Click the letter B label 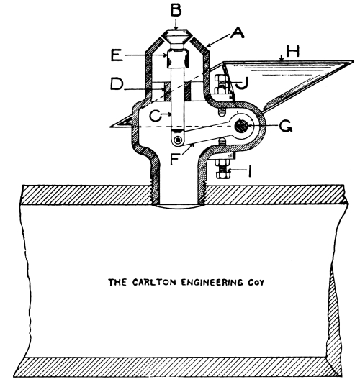point(176,11)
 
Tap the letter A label point(237,33)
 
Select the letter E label point(117,55)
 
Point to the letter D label point(117,85)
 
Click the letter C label point(156,116)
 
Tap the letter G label point(285,126)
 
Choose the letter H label point(292,51)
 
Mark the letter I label point(250,171)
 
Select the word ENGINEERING point(212,282)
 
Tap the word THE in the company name point(117,282)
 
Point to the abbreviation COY point(256,283)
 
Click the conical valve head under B point(176,37)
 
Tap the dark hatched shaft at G point(241,126)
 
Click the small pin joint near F point(177,140)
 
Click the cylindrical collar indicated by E point(177,58)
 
